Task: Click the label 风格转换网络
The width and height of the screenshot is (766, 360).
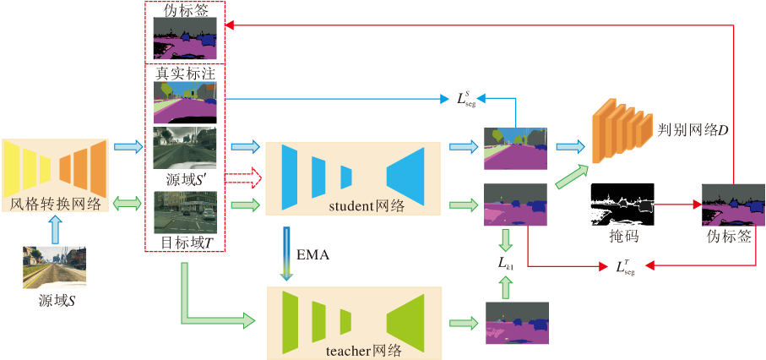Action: [56, 204]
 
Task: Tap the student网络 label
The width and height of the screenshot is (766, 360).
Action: [354, 205]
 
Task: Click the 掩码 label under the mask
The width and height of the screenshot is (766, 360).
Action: [622, 238]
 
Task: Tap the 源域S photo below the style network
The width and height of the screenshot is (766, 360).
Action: [56, 267]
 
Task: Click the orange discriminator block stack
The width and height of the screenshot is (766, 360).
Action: [615, 130]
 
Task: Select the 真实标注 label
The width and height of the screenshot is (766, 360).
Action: [185, 74]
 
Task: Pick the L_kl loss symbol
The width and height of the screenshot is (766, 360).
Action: [505, 264]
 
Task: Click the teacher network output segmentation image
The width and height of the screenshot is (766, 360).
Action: [515, 323]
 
